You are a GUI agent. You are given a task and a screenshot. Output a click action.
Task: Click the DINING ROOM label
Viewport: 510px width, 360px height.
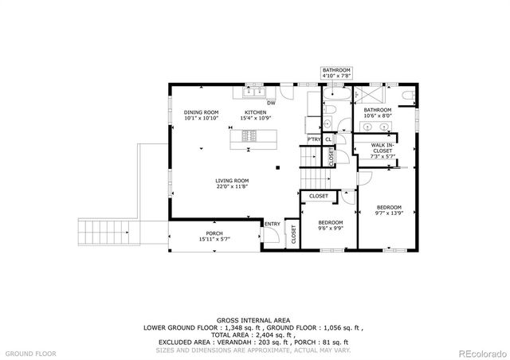click(201, 112)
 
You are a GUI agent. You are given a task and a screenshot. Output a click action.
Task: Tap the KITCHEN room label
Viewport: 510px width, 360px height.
click(254, 112)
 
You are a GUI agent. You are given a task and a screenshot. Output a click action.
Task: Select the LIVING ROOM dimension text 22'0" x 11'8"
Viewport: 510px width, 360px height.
click(232, 187)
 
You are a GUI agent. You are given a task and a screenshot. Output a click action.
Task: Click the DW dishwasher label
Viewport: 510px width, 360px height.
click(271, 103)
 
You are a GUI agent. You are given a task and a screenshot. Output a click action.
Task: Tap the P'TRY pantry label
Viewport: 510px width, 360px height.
click(314, 140)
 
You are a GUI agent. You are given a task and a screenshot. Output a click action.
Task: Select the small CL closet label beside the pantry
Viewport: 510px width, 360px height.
click(328, 140)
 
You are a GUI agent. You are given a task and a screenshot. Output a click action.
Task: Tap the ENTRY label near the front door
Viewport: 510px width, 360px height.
click(273, 224)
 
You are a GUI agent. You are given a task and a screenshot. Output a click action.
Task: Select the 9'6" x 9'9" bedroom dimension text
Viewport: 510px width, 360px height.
click(330, 227)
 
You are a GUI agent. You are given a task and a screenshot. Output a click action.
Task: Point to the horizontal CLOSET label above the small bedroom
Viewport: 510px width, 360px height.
click(318, 195)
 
